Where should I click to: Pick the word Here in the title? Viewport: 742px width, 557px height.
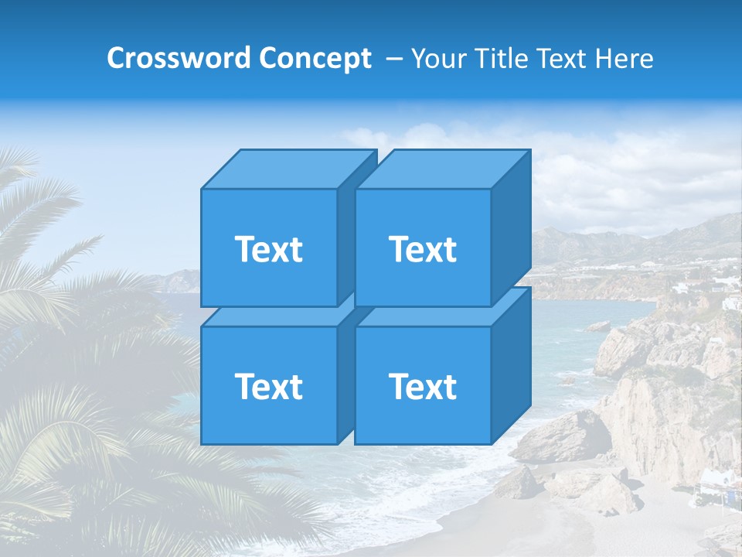tap(628, 58)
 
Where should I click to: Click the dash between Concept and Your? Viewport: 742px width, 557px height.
tap(393, 59)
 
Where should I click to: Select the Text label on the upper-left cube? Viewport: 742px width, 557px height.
tap(268, 249)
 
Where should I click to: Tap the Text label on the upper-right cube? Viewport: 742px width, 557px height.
tap(423, 249)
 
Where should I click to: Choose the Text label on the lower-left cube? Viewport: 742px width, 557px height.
tap(268, 386)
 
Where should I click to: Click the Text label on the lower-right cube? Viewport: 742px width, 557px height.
tap(423, 386)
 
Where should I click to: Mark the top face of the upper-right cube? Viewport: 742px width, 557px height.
tap(442, 169)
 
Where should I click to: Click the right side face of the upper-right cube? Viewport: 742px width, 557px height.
tap(511, 228)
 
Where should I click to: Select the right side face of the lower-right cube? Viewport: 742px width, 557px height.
tap(511, 365)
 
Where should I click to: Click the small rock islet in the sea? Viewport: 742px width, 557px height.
tap(599, 326)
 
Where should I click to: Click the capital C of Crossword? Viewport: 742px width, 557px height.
tap(116, 58)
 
